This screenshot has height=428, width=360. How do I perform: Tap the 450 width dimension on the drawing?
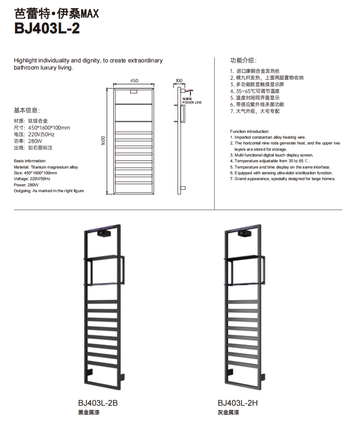click(134, 81)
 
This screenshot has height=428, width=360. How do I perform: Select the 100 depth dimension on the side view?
click(179, 81)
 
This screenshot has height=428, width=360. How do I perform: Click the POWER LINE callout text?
click(191, 103)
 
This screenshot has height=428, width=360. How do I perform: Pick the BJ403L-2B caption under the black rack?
click(98, 403)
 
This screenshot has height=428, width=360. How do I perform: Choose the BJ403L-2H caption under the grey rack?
click(238, 403)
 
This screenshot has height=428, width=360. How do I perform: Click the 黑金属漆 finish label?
click(88, 413)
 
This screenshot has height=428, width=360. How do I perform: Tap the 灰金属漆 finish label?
click(228, 413)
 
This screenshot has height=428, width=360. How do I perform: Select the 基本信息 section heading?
click(27, 110)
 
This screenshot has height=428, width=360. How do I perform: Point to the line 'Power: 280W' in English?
click(26, 185)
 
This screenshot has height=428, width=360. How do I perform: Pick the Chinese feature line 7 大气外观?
click(255, 111)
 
